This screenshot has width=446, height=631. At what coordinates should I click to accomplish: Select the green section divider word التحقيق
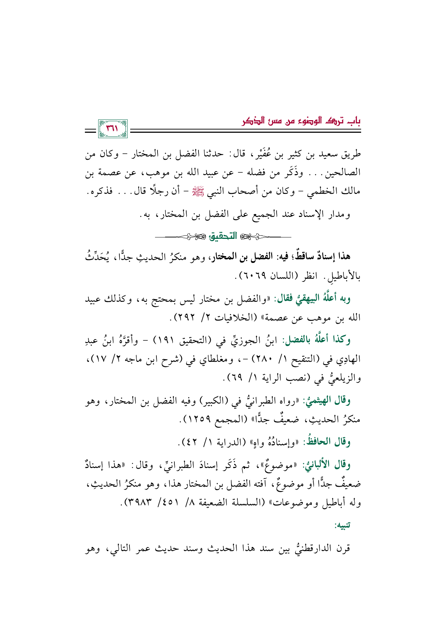(x=223, y=236)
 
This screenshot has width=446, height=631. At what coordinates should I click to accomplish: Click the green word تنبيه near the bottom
(x=342, y=526)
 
